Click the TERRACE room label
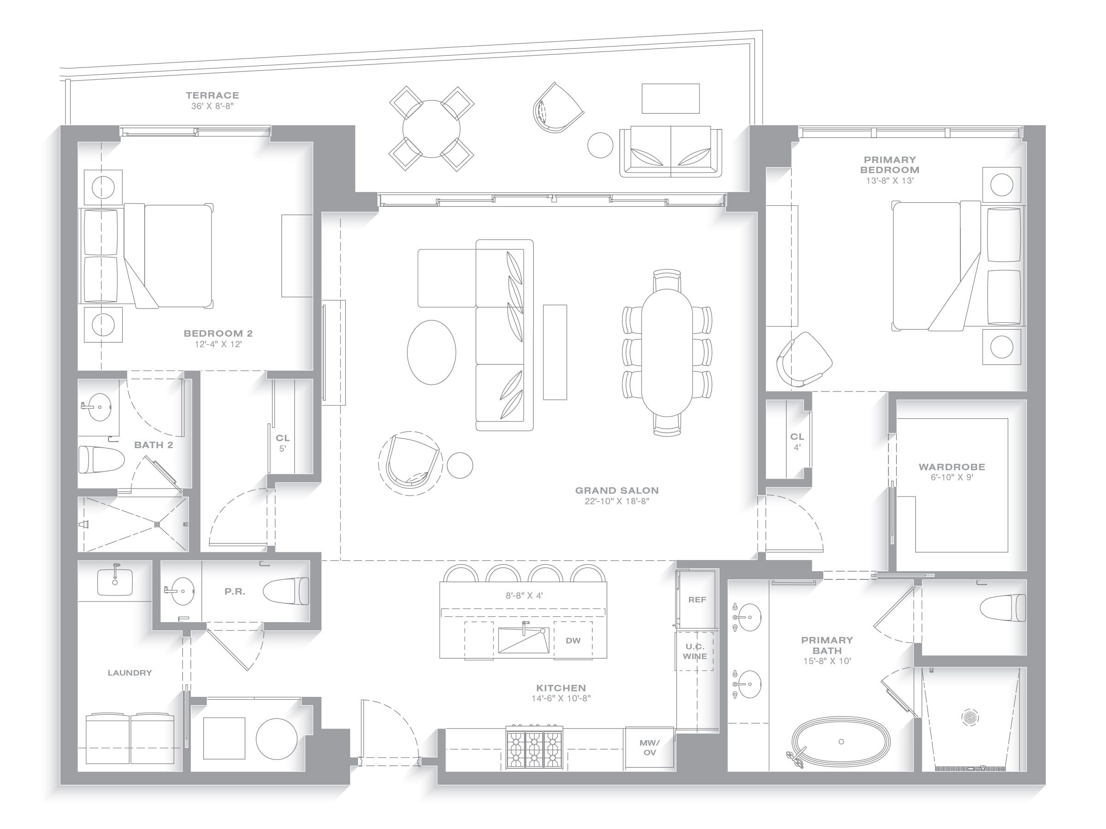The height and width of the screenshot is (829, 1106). pyautogui.click(x=212, y=95)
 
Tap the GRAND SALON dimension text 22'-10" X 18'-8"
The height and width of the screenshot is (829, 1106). pyautogui.click(x=617, y=501)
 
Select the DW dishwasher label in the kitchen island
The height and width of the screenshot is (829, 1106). pyautogui.click(x=573, y=641)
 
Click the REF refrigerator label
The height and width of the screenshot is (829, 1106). pyautogui.click(x=697, y=600)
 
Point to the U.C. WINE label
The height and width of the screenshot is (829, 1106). pyautogui.click(x=695, y=652)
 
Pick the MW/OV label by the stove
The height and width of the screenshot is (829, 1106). pyautogui.click(x=649, y=747)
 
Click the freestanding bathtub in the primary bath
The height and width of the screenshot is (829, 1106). pyautogui.click(x=841, y=742)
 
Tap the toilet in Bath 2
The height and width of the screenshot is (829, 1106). pyautogui.click(x=101, y=459)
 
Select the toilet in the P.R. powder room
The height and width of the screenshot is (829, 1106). pyautogui.click(x=286, y=591)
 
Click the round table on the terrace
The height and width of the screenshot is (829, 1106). pyautogui.click(x=431, y=129)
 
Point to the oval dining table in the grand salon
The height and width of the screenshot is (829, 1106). pyautogui.click(x=667, y=352)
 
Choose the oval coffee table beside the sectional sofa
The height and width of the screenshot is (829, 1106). pyautogui.click(x=431, y=352)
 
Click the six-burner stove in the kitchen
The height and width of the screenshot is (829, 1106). pyautogui.click(x=534, y=747)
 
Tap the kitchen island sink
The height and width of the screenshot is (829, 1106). pyautogui.click(x=524, y=640)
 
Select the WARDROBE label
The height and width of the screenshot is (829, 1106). pyautogui.click(x=952, y=467)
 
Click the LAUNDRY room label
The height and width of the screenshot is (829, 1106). pyautogui.click(x=129, y=672)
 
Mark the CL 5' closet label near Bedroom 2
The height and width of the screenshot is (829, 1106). pyautogui.click(x=282, y=443)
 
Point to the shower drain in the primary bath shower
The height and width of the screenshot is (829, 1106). pyautogui.click(x=970, y=717)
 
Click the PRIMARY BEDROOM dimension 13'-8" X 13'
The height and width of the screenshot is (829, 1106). pyautogui.click(x=889, y=181)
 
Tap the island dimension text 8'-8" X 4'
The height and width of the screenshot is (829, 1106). pyautogui.click(x=524, y=595)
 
